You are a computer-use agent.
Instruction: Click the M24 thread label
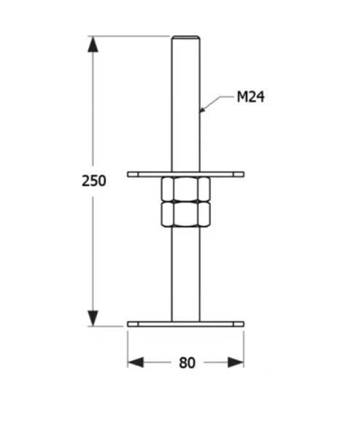pyautogui.click(x=249, y=96)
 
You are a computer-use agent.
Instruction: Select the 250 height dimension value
pyautogui.click(x=93, y=180)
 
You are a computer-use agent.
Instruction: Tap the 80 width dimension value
pyautogui.click(x=187, y=362)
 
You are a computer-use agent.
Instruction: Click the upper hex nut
pyautogui.click(x=185, y=189)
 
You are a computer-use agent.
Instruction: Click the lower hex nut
pyautogui.click(x=185, y=214)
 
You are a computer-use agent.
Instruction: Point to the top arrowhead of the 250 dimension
pyautogui.click(x=93, y=44)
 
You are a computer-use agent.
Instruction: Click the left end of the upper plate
pyautogui.click(x=130, y=174)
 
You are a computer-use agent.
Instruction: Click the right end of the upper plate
pyautogui.click(x=241, y=174)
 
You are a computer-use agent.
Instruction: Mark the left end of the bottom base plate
pyautogui.click(x=130, y=324)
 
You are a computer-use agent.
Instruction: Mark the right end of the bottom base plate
pyautogui.click(x=241, y=324)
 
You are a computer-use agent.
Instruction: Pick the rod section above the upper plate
pyautogui.click(x=185, y=102)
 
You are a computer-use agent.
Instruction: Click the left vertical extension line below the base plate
pyautogui.click(x=128, y=347)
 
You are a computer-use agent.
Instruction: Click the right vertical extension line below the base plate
pyautogui.click(x=244, y=347)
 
